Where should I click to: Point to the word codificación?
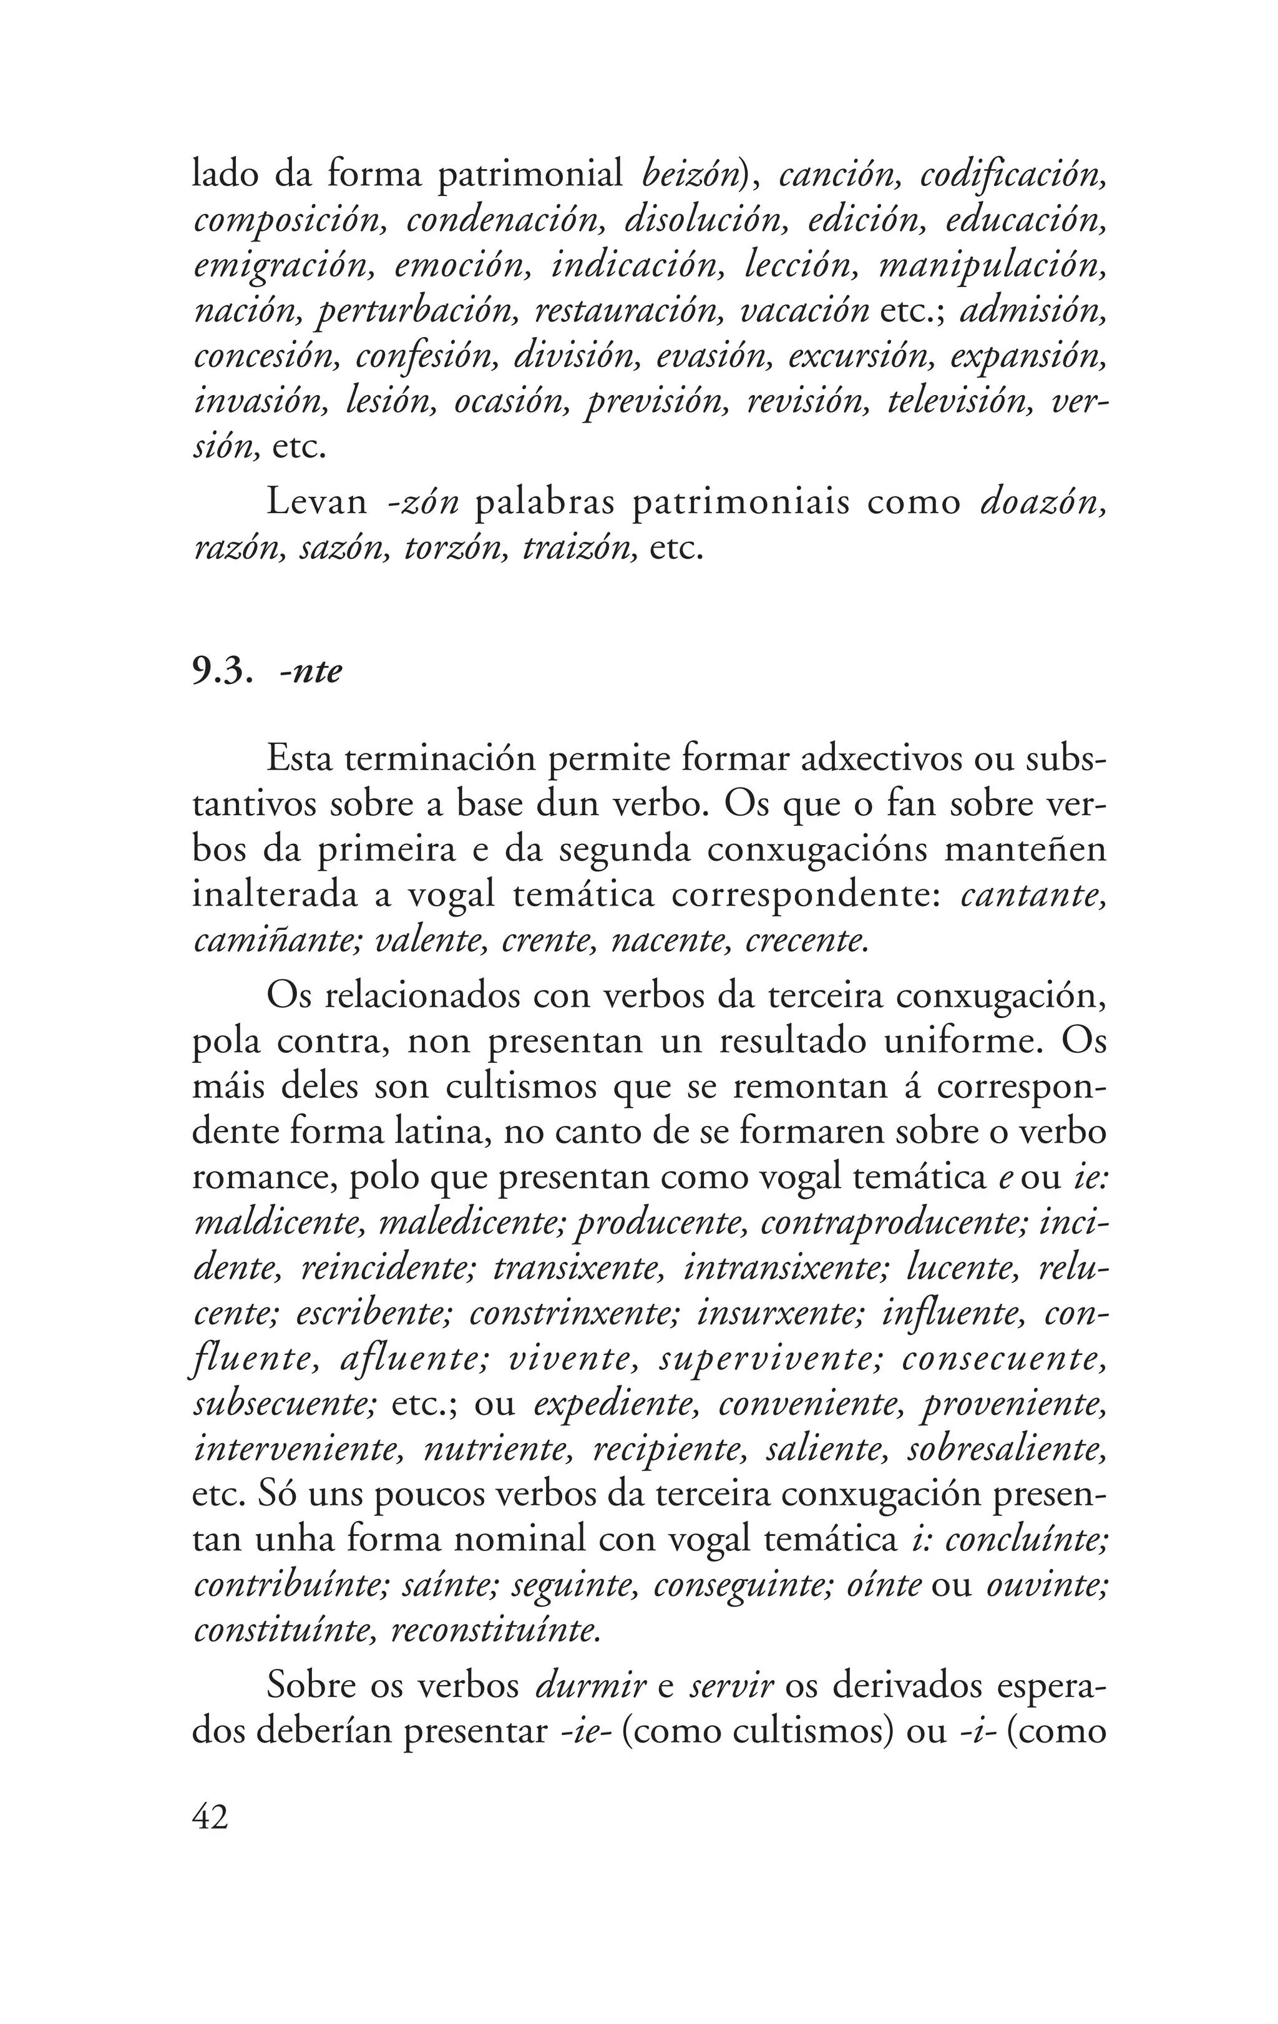pyautogui.click(x=1011, y=175)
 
